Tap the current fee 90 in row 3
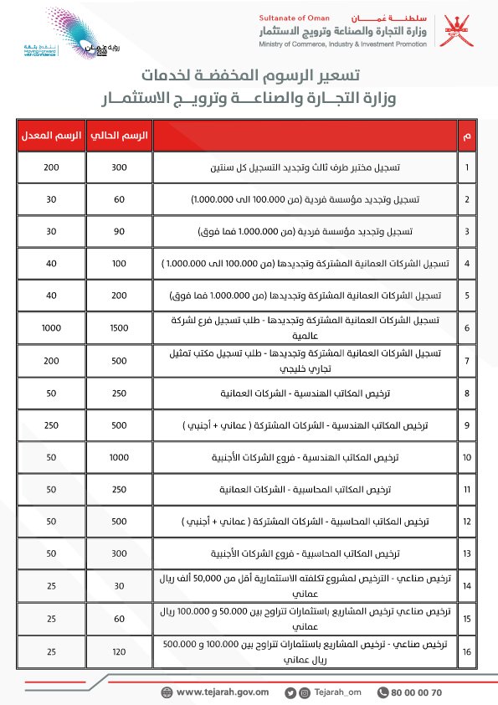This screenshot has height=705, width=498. (x=119, y=231)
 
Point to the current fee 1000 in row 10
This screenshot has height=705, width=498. (x=119, y=458)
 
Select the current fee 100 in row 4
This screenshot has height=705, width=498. (x=119, y=264)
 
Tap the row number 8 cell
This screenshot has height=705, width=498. (x=467, y=393)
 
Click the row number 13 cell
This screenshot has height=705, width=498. (x=467, y=554)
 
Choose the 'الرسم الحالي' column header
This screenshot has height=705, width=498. (x=119, y=136)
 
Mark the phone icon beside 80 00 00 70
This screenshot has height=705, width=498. (x=383, y=692)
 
